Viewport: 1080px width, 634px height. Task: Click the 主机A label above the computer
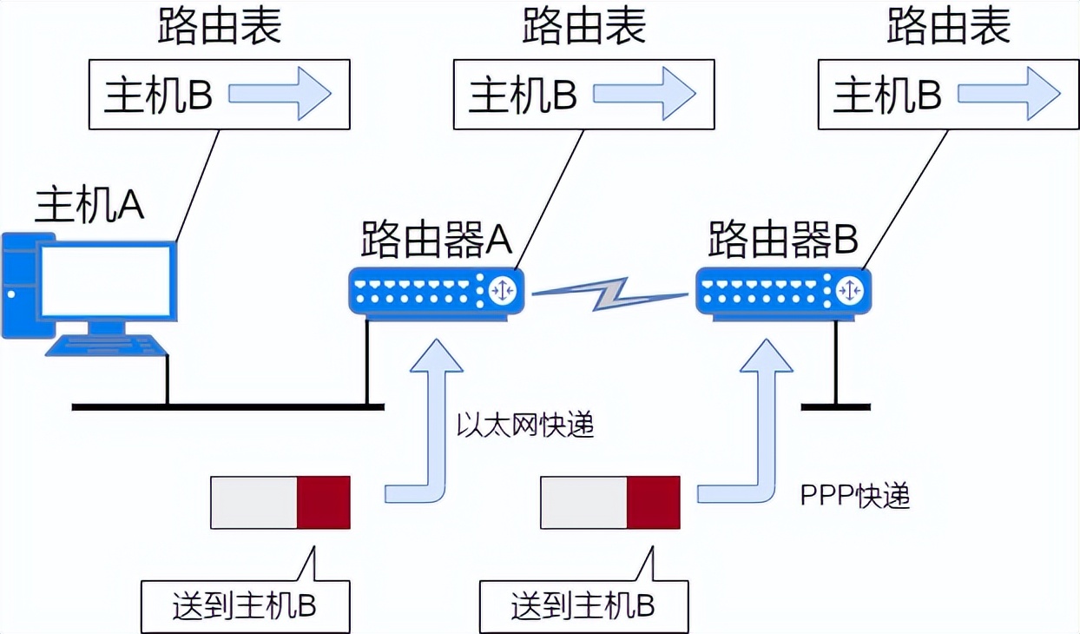pos(89,205)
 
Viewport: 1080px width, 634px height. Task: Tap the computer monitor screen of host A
pos(106,281)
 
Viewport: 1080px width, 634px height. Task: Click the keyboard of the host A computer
pos(106,345)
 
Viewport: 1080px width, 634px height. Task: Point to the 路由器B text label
pos(784,239)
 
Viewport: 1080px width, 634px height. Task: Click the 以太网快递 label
pos(525,425)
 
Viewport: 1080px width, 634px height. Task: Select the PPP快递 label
pos(854,496)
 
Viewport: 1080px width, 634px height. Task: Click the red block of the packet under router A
pos(324,502)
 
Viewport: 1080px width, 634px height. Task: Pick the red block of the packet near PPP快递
pos(654,502)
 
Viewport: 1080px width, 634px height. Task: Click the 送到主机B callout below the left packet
pos(246,605)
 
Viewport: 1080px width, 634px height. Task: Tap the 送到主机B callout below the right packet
pos(583,605)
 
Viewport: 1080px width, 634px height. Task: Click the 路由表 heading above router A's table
pos(584,28)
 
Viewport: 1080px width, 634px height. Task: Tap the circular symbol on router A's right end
pos(503,290)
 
